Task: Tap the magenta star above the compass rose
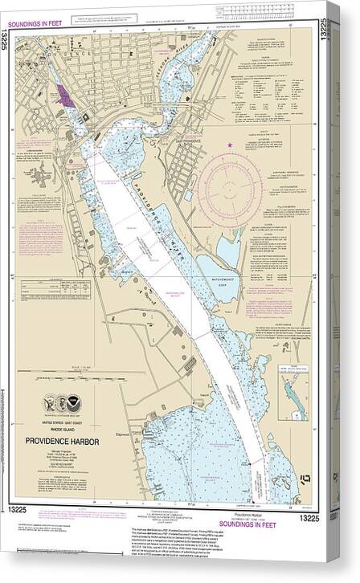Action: (x=230, y=144)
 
